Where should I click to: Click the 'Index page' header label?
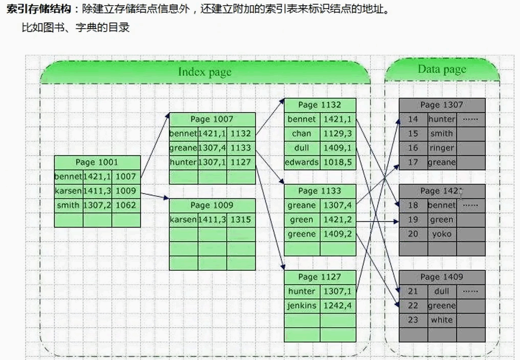pyautogui.click(x=205, y=72)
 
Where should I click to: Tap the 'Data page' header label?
pyautogui.click(x=442, y=69)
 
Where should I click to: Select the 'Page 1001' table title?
pyautogui.click(x=97, y=162)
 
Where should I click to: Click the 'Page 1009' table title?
pyautogui.click(x=212, y=205)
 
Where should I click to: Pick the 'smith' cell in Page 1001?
pyautogui.click(x=68, y=205)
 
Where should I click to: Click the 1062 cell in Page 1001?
pyautogui.click(x=126, y=205)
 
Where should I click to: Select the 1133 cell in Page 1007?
pyautogui.click(x=241, y=148)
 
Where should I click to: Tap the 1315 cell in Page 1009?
pyautogui.click(x=241, y=220)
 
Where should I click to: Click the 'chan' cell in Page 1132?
pyautogui.click(x=302, y=134)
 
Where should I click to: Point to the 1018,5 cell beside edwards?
pyautogui.click(x=338, y=162)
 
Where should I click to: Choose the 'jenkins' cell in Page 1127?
pyautogui.click(x=302, y=306)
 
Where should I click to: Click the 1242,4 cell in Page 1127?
pyautogui.click(x=338, y=306)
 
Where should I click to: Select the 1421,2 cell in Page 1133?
pyautogui.click(x=338, y=220)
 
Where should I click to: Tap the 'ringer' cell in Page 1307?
pyautogui.click(x=442, y=148)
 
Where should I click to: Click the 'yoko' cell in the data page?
pyautogui.click(x=442, y=234)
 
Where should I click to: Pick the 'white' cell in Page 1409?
pyautogui.click(x=442, y=320)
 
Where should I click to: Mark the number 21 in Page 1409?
pyautogui.click(x=413, y=291)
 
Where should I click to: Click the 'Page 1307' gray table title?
pyautogui.click(x=442, y=105)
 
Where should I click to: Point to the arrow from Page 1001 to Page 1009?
pyautogui.click(x=154, y=195)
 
